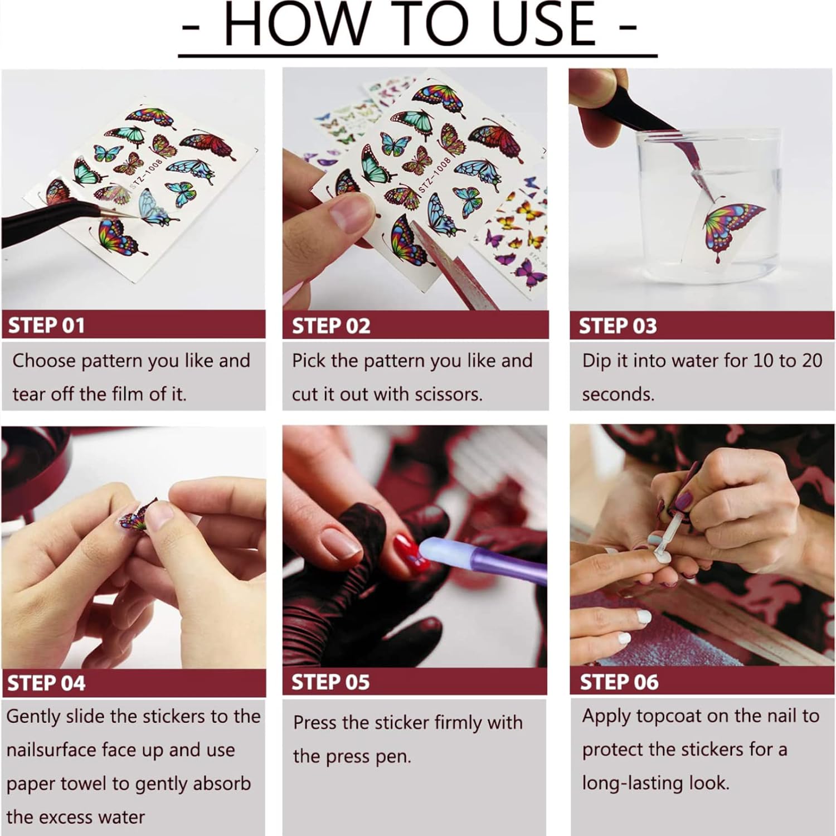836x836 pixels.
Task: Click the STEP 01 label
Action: [46, 325]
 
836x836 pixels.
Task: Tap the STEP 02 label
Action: [331, 326]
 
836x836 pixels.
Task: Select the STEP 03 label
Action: [618, 326]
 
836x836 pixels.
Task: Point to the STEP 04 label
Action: [46, 683]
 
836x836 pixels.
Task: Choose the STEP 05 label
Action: [330, 683]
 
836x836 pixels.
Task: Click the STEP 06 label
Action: [619, 682]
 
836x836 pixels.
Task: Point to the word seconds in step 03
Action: [618, 395]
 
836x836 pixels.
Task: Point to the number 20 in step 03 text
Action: [812, 361]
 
